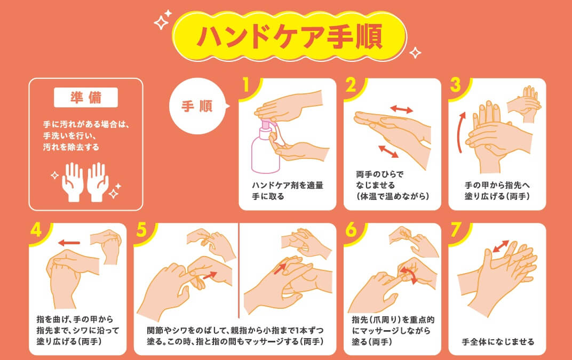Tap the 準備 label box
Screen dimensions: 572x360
86,98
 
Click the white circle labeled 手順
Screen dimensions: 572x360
197,106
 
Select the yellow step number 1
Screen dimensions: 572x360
246,85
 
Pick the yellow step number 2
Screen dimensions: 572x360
351,85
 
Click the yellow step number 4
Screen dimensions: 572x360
36,230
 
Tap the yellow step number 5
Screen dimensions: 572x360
141,230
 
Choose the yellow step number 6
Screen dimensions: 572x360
351,230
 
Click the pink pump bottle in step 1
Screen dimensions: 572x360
266,146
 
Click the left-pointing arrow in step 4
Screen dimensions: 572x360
69,243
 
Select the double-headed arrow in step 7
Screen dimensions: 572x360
501,246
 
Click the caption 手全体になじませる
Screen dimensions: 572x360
498,342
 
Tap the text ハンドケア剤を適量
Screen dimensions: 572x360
288,185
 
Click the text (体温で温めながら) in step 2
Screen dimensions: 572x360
393,196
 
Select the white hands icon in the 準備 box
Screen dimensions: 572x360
85,182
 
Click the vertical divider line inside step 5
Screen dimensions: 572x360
239,270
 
